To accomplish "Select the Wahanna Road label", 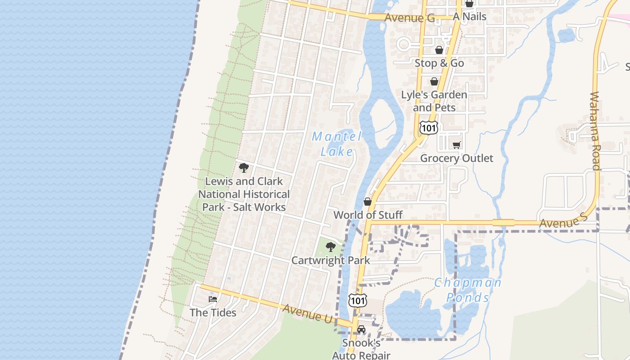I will (x=595, y=131).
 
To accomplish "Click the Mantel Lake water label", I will (x=337, y=144).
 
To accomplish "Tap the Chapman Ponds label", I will (x=468, y=290).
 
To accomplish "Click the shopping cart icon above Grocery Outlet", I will (x=457, y=145).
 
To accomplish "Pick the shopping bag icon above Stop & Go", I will (x=439, y=49).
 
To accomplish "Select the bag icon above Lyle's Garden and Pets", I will (x=434, y=81).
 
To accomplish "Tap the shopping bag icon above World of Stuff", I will (x=368, y=202).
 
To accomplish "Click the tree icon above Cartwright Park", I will (x=330, y=247).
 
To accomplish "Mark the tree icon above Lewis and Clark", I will (x=244, y=168).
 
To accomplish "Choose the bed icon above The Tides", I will (x=213, y=299).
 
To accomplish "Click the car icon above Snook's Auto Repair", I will (x=361, y=329).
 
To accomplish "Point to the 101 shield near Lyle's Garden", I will (x=428, y=128).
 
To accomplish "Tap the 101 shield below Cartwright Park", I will (x=357, y=301).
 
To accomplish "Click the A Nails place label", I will (x=469, y=17).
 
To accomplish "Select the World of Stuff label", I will (x=368, y=215).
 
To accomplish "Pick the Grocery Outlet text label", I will (x=456, y=158).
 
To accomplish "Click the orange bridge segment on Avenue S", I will (x=503, y=222).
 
